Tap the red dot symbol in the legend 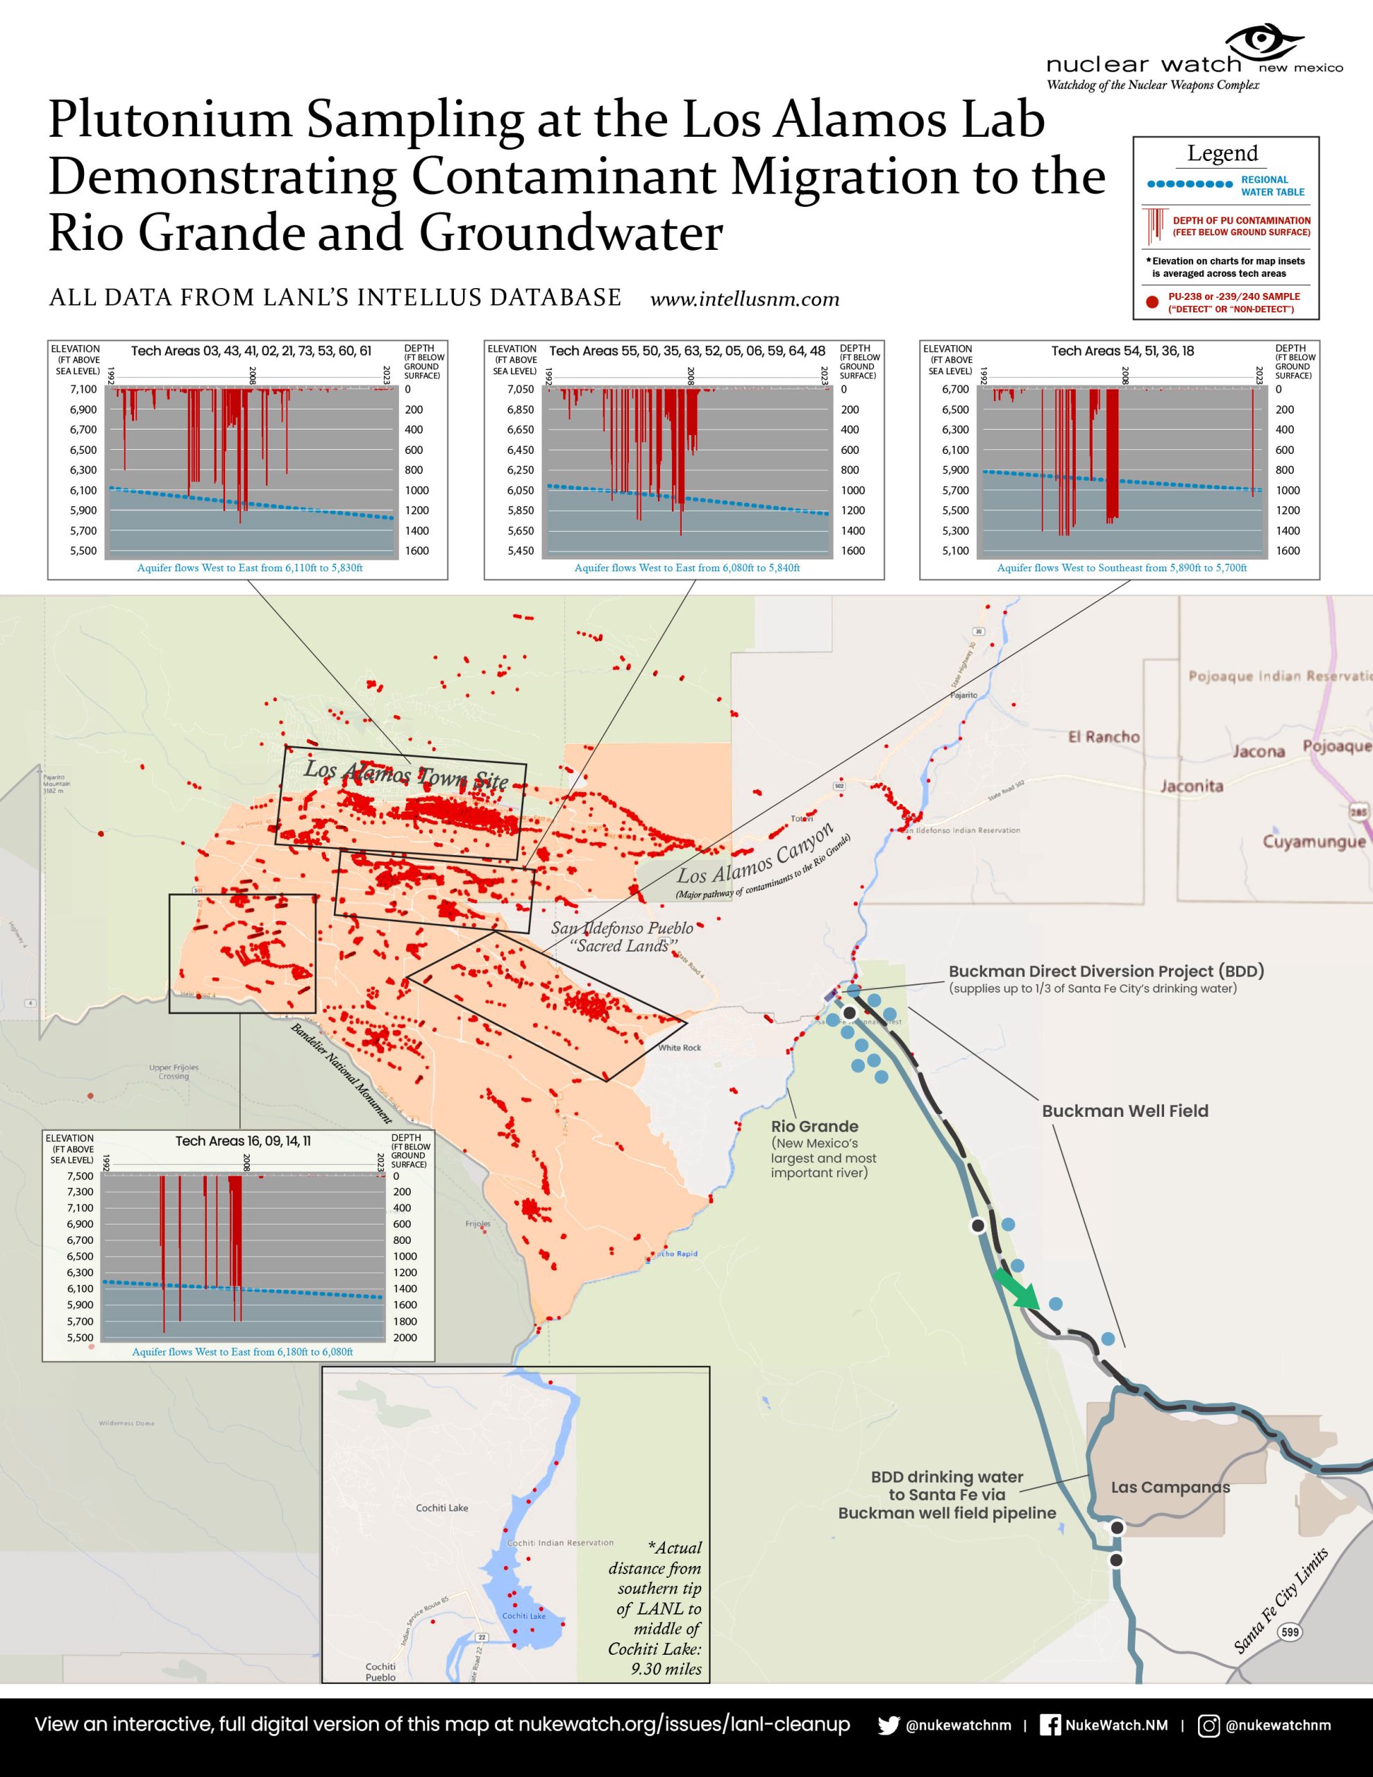click(x=1152, y=302)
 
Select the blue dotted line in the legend click(x=1189, y=185)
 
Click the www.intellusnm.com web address click(x=745, y=299)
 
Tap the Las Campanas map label click(x=1170, y=1488)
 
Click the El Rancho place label click(x=1104, y=736)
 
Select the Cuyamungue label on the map click(x=1313, y=841)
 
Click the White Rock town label click(x=680, y=1047)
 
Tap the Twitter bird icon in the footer click(x=888, y=1725)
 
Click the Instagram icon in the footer click(x=1209, y=1725)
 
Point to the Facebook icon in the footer click(x=1051, y=1725)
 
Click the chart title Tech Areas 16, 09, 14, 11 click(x=242, y=1140)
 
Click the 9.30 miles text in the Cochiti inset click(x=666, y=1669)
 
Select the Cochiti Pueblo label click(x=380, y=1671)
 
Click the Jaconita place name click(x=1192, y=786)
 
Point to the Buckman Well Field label click(x=1124, y=1111)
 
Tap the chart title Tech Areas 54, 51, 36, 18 click(x=1122, y=351)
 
